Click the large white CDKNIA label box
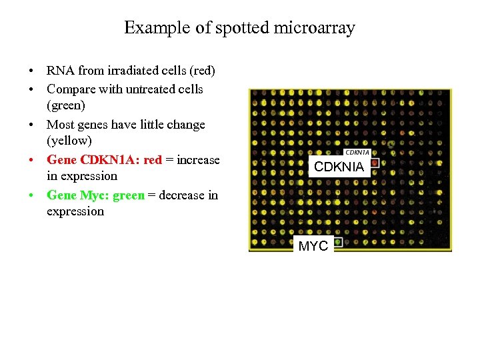pyautogui.click(x=339, y=167)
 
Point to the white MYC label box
pyautogui.click(x=313, y=246)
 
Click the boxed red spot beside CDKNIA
pyautogui.click(x=375, y=163)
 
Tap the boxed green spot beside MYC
pyautogui.click(x=338, y=242)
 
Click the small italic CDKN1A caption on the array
pyautogui.click(x=357, y=153)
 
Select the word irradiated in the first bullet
pyautogui.click(x=121, y=71)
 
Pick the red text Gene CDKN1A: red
pyautogui.click(x=104, y=159)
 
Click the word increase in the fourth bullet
pyautogui.click(x=197, y=159)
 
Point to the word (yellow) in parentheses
pyautogui.click(x=69, y=141)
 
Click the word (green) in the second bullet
pyautogui.click(x=66, y=105)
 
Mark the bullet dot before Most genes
pyautogui.click(x=31, y=125)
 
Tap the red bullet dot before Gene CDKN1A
pyautogui.click(x=31, y=161)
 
